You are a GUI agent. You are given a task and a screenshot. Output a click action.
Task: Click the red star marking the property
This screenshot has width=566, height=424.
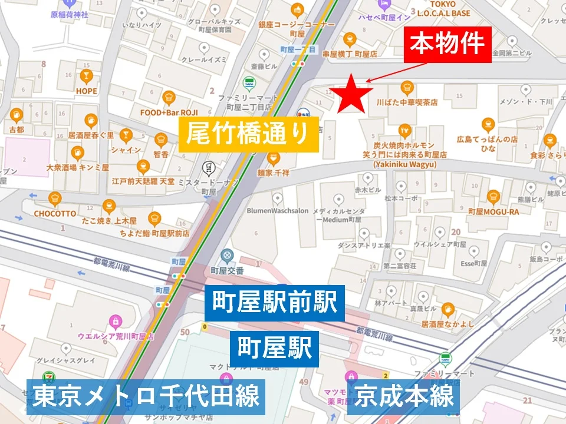tap(351, 94)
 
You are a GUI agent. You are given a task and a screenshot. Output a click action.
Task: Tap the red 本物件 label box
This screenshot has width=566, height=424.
tap(447, 44)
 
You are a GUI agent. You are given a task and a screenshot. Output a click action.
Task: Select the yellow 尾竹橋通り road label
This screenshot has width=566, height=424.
tap(248, 134)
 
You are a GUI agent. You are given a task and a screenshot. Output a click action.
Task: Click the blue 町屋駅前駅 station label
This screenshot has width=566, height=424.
tap(274, 304)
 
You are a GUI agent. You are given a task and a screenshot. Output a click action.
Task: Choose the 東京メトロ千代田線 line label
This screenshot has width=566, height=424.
tap(146, 396)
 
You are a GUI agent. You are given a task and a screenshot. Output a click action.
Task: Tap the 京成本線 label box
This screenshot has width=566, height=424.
tap(404, 396)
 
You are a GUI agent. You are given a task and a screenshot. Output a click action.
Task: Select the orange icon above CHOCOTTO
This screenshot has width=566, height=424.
tap(55, 198)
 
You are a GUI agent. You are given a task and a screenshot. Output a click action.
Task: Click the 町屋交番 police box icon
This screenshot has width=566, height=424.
tap(227, 256)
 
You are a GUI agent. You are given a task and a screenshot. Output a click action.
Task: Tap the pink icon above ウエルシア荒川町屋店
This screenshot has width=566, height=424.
tap(116, 322)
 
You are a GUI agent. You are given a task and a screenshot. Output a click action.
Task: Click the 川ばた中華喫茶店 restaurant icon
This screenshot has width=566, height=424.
tap(407, 88)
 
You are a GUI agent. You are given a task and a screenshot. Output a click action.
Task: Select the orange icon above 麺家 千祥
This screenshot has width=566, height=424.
tap(272, 158)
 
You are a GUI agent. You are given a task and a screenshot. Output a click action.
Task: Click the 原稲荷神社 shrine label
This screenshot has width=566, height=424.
tap(69, 15)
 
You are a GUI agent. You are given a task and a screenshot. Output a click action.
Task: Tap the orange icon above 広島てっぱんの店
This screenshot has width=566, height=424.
tap(488, 124)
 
